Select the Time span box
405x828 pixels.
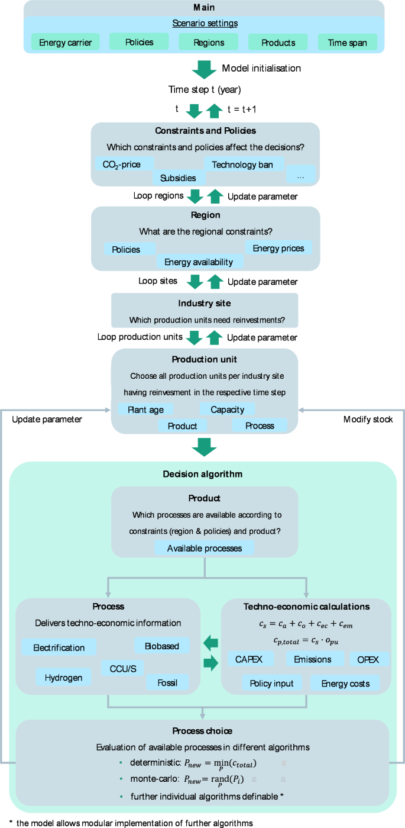pyautogui.click(x=347, y=42)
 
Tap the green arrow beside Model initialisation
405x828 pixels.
pyautogui.click(x=205, y=69)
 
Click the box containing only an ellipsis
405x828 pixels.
pyautogui.click(x=300, y=176)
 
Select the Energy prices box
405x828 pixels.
pyautogui.click(x=278, y=248)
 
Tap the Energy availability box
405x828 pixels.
pyautogui.click(x=199, y=262)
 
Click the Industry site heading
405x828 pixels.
pyautogui.click(x=205, y=303)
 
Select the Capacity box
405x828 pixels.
pyautogui.click(x=227, y=409)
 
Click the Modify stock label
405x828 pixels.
pyautogui.click(x=368, y=419)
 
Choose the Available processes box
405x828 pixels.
pyautogui.click(x=205, y=548)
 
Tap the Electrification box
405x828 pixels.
pyautogui.click(x=59, y=647)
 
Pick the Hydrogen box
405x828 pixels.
pyautogui.click(x=63, y=677)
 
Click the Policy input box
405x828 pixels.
pyautogui.click(x=272, y=684)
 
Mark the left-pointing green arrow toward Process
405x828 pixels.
pyautogui.click(x=210, y=643)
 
